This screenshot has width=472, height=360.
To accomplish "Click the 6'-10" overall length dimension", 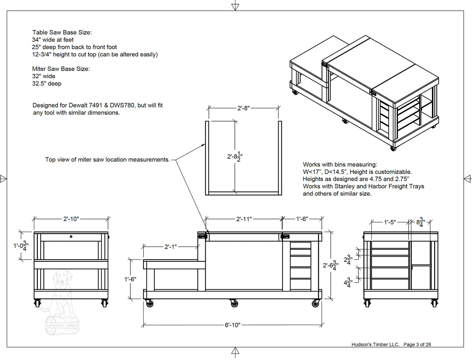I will pyautogui.click(x=232, y=325).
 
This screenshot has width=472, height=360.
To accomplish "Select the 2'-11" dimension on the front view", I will pyautogui.click(x=244, y=219).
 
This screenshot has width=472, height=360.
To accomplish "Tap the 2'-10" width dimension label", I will pyautogui.click(x=71, y=219).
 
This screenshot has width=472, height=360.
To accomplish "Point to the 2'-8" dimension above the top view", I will pyautogui.click(x=243, y=108).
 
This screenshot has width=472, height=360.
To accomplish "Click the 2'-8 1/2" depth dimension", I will pyautogui.click(x=235, y=157).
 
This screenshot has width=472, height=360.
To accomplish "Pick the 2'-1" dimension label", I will pyautogui.click(x=170, y=247).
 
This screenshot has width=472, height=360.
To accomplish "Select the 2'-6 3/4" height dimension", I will pyautogui.click(x=330, y=265).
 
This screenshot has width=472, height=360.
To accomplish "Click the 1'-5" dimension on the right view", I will pyautogui.click(x=389, y=222).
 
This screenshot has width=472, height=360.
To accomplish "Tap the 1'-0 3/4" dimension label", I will pyautogui.click(x=21, y=245).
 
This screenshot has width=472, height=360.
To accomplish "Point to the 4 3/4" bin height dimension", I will pyautogui.click(x=348, y=282).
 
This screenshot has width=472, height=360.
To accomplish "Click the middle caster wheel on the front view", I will pyautogui.click(x=234, y=304).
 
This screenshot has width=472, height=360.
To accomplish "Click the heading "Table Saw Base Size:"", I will pyautogui.click(x=62, y=32).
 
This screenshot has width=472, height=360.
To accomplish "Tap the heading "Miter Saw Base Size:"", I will pyautogui.click(x=61, y=69).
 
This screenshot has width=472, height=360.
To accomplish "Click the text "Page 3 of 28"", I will pyautogui.click(x=417, y=344).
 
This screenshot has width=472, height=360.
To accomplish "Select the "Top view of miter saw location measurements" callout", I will pyautogui.click(x=107, y=160).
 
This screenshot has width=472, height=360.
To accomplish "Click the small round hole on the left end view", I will pyautogui.click(x=71, y=237).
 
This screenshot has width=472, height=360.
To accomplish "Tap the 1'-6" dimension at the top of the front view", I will pyautogui.click(x=302, y=219).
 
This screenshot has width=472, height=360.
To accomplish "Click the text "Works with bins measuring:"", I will pyautogui.click(x=340, y=164).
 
